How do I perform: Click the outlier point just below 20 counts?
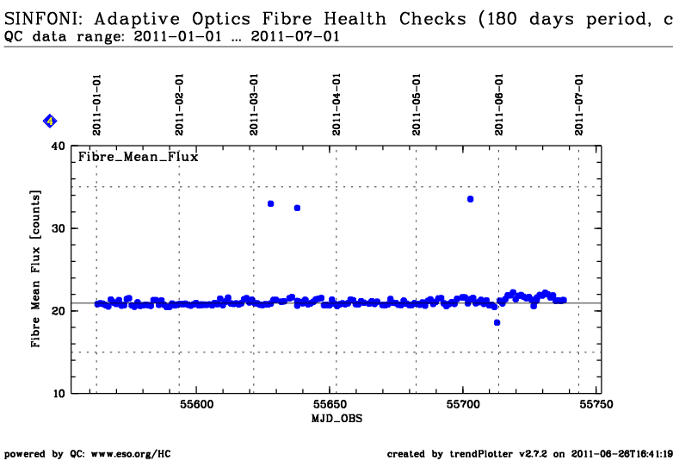pos(497,322)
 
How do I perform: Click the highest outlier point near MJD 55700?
pos(470,199)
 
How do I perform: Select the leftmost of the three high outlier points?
pos(270,203)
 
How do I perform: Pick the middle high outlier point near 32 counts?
pos(297,208)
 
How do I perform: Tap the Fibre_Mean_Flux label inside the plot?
pos(139,157)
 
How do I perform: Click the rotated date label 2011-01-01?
pos(97,103)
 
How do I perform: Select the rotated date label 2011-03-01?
pos(254,103)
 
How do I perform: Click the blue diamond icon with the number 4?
pos(50,121)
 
